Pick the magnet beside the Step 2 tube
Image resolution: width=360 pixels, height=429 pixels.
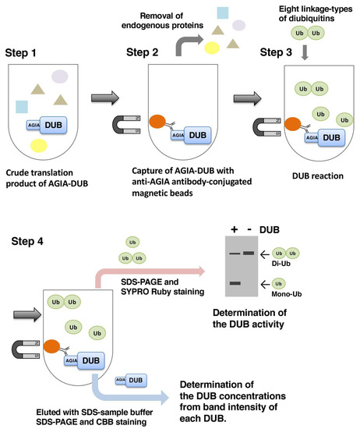[127, 124]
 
